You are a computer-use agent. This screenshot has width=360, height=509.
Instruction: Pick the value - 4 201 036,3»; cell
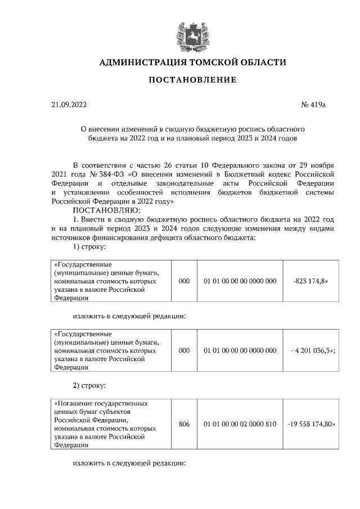[x=310, y=350]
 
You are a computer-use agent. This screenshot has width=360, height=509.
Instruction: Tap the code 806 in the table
[x=184, y=424]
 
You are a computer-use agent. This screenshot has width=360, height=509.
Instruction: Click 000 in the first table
[x=184, y=281]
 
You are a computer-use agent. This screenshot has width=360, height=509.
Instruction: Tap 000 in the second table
[x=184, y=350]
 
